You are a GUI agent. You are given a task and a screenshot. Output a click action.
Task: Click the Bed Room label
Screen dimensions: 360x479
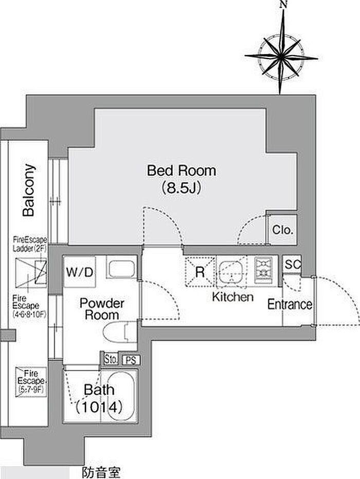pyautogui.click(x=182, y=171)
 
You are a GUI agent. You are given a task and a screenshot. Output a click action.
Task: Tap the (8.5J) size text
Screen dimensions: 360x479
pyautogui.click(x=181, y=188)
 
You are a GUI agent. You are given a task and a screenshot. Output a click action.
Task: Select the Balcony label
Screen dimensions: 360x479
pyautogui.click(x=29, y=190)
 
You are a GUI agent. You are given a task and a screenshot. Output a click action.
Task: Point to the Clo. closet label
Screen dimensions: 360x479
pyautogui.click(x=283, y=230)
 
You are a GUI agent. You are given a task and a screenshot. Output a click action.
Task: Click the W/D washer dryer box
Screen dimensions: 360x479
pyautogui.click(x=79, y=271)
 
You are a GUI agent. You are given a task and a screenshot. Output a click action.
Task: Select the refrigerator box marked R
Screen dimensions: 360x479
pyautogui.click(x=200, y=271)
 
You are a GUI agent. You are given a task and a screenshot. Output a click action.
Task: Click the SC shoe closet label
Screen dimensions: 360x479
pyautogui.click(x=292, y=264)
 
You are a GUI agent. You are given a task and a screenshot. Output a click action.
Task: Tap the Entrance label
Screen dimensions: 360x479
pyautogui.click(x=290, y=304)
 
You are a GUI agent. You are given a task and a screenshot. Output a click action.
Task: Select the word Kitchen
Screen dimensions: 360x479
pyautogui.click(x=233, y=297)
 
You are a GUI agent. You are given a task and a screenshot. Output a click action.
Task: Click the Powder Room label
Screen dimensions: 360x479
pyautogui.click(x=102, y=309)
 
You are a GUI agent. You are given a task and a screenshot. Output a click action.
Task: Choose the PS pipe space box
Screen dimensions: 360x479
pyautogui.click(x=132, y=360)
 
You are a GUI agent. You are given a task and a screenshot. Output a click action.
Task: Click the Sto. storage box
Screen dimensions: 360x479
pyautogui.click(x=111, y=359)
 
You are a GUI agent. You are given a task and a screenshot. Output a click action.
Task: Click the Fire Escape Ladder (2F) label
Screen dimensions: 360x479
pyautogui.click(x=30, y=244)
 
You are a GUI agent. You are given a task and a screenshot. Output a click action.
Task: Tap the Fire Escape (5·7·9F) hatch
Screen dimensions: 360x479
pyautogui.click(x=31, y=382)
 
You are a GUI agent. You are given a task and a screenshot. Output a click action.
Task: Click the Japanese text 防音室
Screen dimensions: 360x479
pyautogui.click(x=101, y=472)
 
